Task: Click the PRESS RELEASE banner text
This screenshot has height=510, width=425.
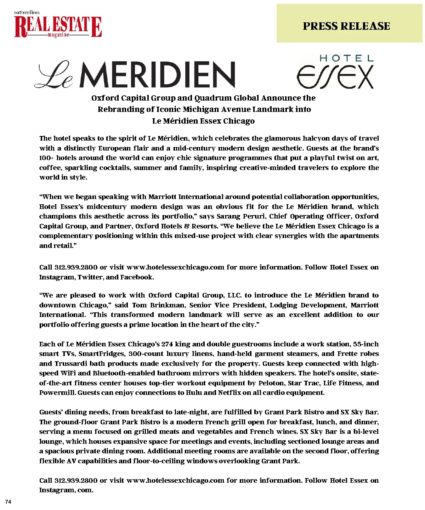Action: (x=346, y=26)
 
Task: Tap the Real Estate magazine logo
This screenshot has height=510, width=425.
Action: (x=58, y=25)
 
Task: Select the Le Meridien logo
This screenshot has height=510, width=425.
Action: (x=135, y=74)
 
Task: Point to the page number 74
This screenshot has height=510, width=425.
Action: (x=8, y=501)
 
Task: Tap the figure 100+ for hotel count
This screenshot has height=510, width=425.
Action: (x=46, y=158)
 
